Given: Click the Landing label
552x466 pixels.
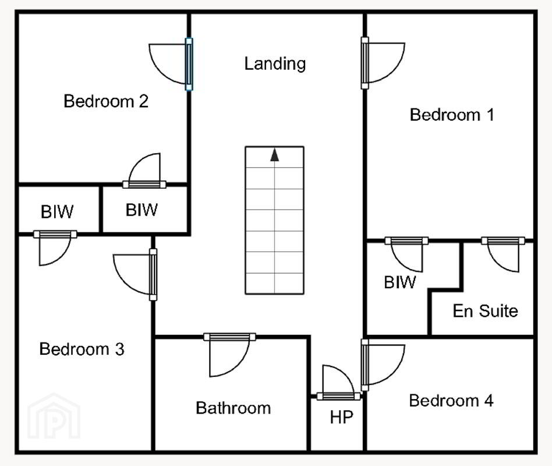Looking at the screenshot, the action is (275, 64).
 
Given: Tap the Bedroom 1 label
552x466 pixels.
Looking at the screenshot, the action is (452, 115).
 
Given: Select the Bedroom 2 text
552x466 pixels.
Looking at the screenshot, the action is (106, 101).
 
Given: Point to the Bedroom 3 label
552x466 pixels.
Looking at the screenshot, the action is (82, 349).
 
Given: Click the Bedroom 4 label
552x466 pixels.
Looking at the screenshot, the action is (451, 401).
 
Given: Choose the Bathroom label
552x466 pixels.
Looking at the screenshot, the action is (233, 408).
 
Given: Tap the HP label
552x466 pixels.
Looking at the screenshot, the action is (341, 418).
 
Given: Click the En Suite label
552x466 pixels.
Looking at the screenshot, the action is (486, 310).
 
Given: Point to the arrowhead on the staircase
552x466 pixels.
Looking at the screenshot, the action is (275, 155).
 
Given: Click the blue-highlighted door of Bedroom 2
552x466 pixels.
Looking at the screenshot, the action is (189, 64).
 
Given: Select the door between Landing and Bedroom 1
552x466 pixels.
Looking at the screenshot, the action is (365, 63).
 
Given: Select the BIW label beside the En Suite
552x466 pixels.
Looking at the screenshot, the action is (400, 282).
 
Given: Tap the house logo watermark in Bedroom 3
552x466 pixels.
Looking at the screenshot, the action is (54, 416).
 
